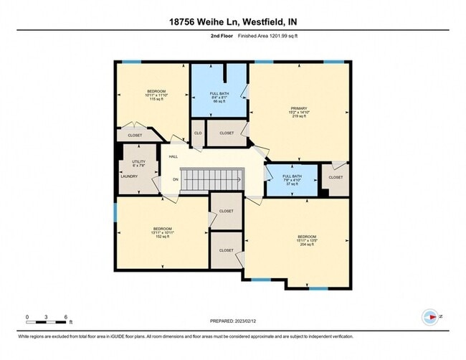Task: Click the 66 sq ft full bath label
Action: point(219,98)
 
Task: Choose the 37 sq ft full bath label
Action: point(291,179)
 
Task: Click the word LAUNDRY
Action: point(129,176)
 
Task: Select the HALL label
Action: point(173,156)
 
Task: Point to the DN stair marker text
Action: point(176,180)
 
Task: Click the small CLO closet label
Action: point(197,133)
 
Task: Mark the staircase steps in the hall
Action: point(211,180)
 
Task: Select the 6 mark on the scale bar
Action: point(66,316)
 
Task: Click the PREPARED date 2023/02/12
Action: point(233,321)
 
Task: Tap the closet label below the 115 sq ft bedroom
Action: point(135,135)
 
